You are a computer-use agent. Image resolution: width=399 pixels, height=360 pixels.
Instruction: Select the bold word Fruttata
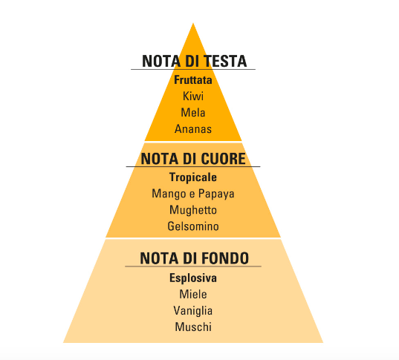[x=193, y=80]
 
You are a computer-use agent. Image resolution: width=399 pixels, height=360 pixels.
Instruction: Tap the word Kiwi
[x=193, y=96]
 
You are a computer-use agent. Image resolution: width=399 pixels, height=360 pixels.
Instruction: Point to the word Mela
[x=193, y=113]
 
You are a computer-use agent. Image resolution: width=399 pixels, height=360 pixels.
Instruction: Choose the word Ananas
[x=193, y=129]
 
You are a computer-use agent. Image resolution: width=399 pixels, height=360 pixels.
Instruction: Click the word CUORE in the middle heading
[x=223, y=159]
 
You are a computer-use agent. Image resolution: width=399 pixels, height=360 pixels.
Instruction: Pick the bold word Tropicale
[x=193, y=177]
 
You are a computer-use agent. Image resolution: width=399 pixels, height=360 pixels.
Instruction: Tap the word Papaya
[x=216, y=194]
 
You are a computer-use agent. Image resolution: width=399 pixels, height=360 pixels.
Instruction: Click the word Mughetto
[x=193, y=210]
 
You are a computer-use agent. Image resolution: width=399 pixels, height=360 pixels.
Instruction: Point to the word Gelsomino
[x=193, y=226]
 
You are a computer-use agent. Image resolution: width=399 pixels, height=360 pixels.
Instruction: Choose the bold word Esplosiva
[x=193, y=278]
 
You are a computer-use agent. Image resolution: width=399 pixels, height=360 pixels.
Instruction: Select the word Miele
[x=193, y=295]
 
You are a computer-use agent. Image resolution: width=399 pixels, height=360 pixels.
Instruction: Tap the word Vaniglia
[x=193, y=311]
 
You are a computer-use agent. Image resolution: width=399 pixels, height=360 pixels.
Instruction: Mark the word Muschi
[x=193, y=327]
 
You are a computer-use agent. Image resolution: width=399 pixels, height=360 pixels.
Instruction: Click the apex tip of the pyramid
[x=193, y=23]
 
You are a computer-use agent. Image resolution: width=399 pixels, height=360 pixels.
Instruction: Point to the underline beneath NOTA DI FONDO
[x=193, y=266]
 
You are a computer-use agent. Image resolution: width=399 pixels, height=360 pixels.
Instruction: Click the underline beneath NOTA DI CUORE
[x=193, y=166]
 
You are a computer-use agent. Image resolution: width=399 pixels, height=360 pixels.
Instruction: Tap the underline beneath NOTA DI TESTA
[x=193, y=69]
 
